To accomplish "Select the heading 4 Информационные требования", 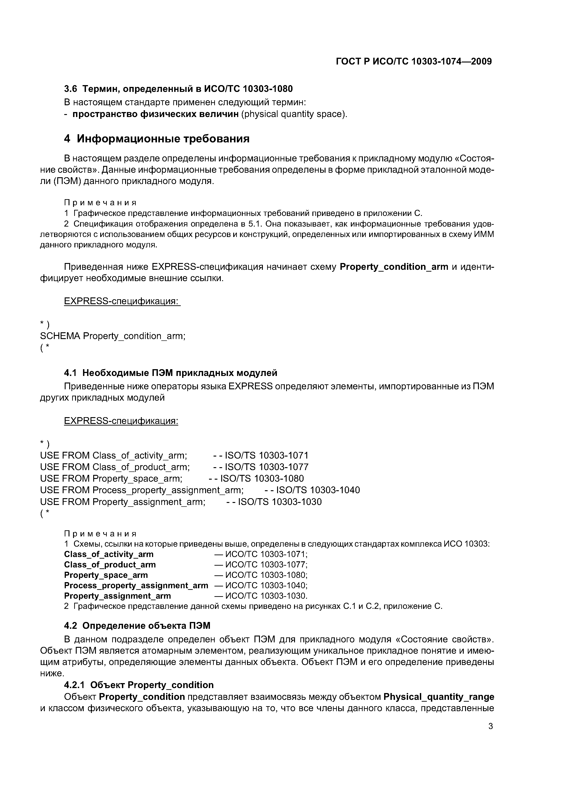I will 157,139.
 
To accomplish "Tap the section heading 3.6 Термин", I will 178,89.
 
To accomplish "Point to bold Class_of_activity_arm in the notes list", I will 109,554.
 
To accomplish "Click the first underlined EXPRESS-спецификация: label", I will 122,301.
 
